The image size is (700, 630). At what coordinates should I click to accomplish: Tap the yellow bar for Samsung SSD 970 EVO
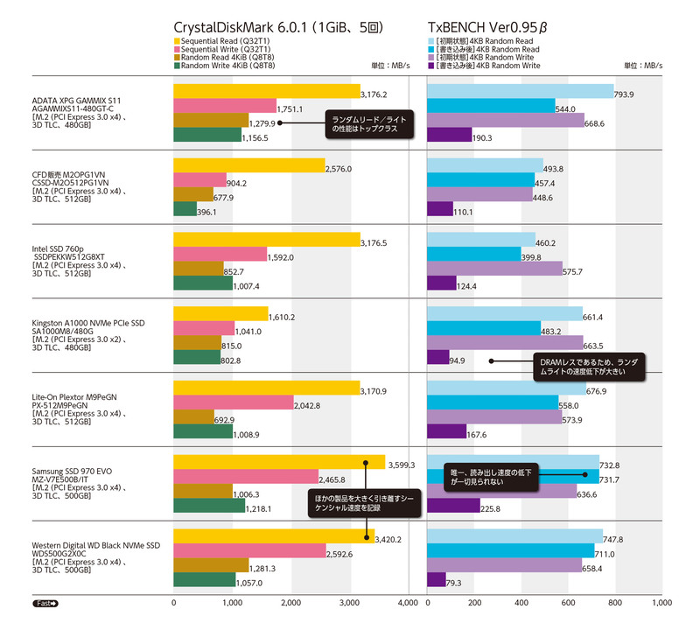click(x=279, y=462)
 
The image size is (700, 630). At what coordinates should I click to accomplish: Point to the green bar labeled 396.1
click(x=185, y=209)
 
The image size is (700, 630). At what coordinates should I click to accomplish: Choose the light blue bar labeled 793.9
click(x=520, y=92)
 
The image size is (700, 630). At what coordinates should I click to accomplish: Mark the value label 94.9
click(x=457, y=360)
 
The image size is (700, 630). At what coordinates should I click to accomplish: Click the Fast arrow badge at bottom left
click(x=46, y=604)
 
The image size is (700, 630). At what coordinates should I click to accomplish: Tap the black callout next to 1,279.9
click(x=367, y=123)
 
